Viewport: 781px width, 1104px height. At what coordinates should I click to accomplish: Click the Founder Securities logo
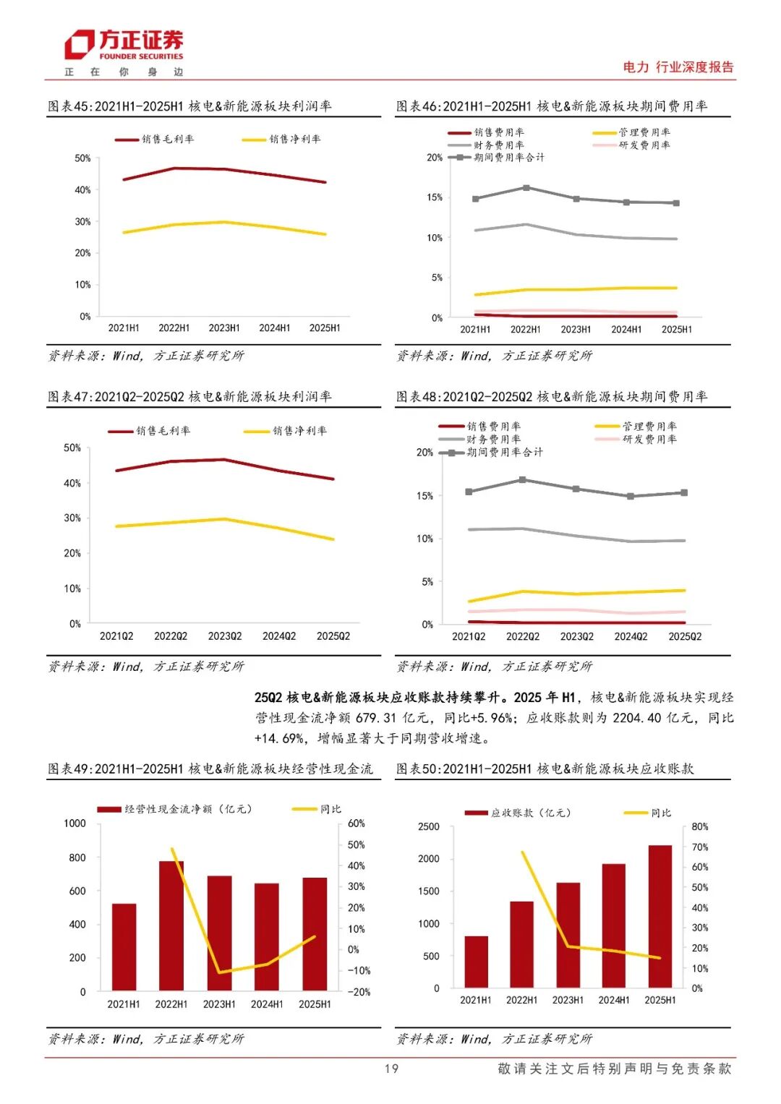[124, 45]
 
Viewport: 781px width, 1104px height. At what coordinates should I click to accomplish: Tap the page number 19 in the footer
[391, 1069]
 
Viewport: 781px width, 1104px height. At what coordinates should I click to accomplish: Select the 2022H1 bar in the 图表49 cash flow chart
[171, 925]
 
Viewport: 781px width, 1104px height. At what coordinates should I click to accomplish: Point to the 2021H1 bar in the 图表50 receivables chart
[476, 962]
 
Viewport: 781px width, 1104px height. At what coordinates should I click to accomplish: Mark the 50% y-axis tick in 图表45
[83, 158]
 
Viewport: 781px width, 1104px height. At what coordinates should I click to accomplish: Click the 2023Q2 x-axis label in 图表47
[225, 636]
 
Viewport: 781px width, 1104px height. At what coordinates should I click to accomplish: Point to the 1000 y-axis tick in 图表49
[75, 823]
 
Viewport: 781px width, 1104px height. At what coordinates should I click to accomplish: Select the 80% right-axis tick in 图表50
[700, 826]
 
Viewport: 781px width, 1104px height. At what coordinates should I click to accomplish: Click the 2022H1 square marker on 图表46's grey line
[526, 188]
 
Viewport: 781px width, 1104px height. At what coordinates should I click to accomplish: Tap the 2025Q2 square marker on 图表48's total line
[684, 493]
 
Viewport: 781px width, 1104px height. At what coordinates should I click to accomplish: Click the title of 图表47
[189, 397]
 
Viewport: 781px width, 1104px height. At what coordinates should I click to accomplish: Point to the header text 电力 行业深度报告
[678, 67]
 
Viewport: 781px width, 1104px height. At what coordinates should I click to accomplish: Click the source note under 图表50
[494, 1039]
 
